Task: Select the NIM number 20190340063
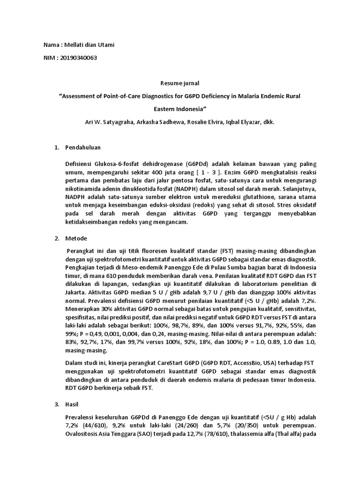pyautogui.click(x=77, y=58)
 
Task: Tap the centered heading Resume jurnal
pyautogui.click(x=180, y=83)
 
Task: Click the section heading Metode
pyautogui.click(x=75, y=239)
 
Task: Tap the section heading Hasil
pyautogui.click(x=74, y=404)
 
